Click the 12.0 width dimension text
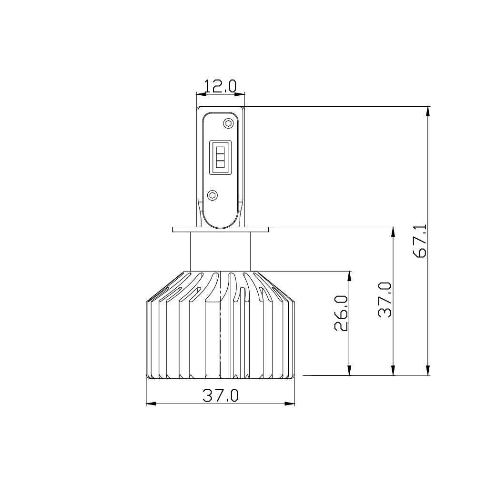(220, 86)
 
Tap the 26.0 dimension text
(341, 313)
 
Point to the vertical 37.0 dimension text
(385, 300)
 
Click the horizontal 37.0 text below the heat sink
(220, 395)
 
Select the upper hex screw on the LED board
(228, 123)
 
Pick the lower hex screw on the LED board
(213, 194)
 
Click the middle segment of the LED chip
(220, 157)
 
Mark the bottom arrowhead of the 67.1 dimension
(428, 370)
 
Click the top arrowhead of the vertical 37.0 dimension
(393, 232)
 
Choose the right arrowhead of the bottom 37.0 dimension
(290, 404)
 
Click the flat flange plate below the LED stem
(220, 229)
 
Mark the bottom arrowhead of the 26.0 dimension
(350, 370)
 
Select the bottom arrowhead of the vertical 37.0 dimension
(393, 370)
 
